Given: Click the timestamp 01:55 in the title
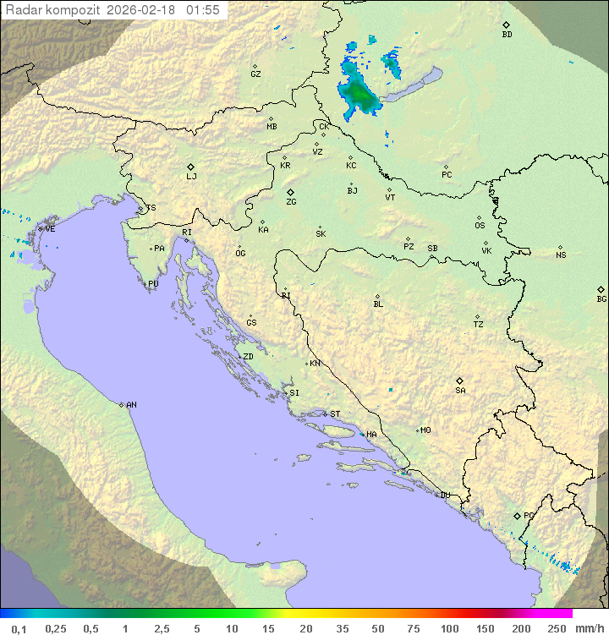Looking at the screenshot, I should click(x=205, y=10).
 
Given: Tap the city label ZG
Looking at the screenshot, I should click(x=291, y=202).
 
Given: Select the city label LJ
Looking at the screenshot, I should click(x=191, y=176).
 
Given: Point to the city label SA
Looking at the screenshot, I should click(x=460, y=390).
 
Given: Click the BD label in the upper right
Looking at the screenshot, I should click(x=507, y=35).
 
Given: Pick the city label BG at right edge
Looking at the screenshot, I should click(x=601, y=298).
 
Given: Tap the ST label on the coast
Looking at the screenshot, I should click(x=335, y=414).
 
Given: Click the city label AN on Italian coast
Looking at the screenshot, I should click(x=131, y=405).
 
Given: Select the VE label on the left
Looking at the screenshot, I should click(x=50, y=229).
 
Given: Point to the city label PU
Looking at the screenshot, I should click(x=153, y=284).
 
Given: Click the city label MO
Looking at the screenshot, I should click(x=425, y=430).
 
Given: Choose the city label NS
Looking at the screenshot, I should click(x=561, y=255).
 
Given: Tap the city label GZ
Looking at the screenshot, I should click(x=255, y=74).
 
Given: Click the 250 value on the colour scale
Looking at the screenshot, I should click(x=557, y=628).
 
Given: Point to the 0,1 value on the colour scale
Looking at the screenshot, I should click(x=19, y=628).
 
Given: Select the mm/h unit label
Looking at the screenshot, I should click(x=589, y=628).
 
